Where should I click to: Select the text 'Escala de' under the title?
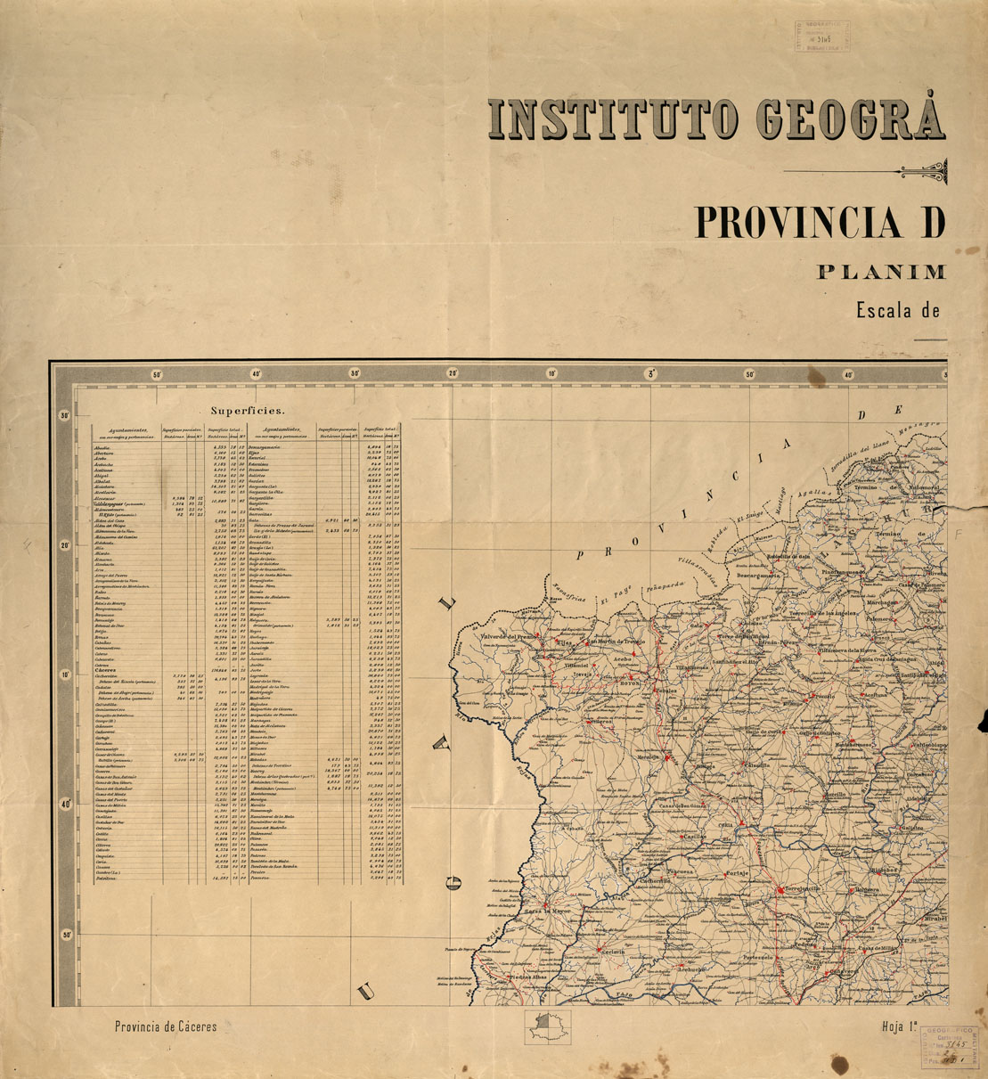pyautogui.click(x=898, y=311)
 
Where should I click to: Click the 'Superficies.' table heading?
pyautogui.click(x=248, y=411)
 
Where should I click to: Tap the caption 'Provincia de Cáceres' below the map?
pyautogui.click(x=166, y=1026)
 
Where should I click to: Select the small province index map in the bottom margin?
pyautogui.click(x=549, y=1026)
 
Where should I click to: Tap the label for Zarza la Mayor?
pyautogui.click(x=546, y=911)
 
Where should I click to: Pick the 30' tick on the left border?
pyautogui.click(x=65, y=416)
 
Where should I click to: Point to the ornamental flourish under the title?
pyautogui.click(x=922, y=171)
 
